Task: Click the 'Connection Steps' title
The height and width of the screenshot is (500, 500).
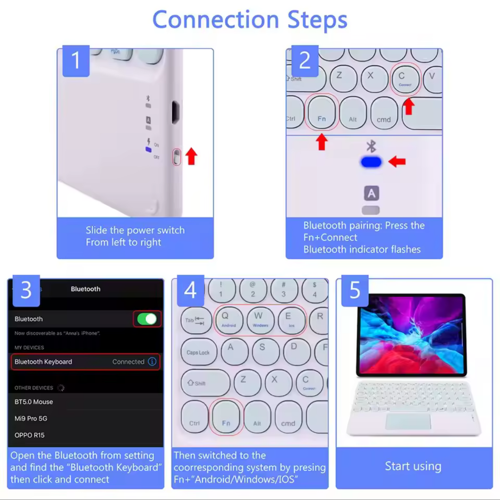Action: [250, 19]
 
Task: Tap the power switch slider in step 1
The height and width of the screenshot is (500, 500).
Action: [177, 157]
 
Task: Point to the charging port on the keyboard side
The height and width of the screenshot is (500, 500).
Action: [175, 112]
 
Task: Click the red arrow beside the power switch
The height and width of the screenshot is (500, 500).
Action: [191, 156]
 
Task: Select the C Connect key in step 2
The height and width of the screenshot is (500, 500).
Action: [405, 79]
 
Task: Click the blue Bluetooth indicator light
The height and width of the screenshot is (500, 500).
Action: [371, 162]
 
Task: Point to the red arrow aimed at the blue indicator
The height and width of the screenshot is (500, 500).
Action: [397, 161]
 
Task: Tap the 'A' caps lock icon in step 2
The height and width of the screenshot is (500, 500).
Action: [371, 193]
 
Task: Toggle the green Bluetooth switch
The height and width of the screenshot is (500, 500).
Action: [147, 319]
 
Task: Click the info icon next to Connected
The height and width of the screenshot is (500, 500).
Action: [152, 361]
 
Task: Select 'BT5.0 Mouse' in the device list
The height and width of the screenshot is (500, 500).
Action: [34, 402]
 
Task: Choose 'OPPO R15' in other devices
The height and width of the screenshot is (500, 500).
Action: [30, 435]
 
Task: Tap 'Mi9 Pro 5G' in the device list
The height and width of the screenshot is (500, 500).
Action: [31, 418]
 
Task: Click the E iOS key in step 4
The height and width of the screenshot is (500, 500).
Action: [291, 320]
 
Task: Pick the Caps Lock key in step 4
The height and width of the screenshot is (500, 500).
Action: [199, 352]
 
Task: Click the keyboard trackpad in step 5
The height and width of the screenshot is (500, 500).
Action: [408, 421]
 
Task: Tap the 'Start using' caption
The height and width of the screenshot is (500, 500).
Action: [413, 466]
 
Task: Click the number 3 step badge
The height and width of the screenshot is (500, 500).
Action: [26, 290]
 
